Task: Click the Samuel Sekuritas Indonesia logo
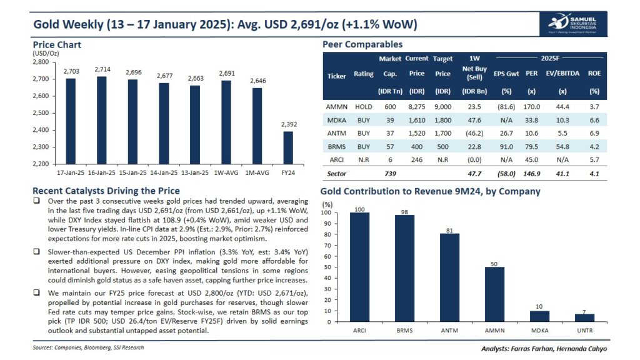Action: [x=568, y=24]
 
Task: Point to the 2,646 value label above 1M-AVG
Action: [x=257, y=82]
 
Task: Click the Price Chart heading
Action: [x=57, y=45]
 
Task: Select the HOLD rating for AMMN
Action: [x=364, y=106]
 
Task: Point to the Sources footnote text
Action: [x=89, y=347]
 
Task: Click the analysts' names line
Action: [x=544, y=348]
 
